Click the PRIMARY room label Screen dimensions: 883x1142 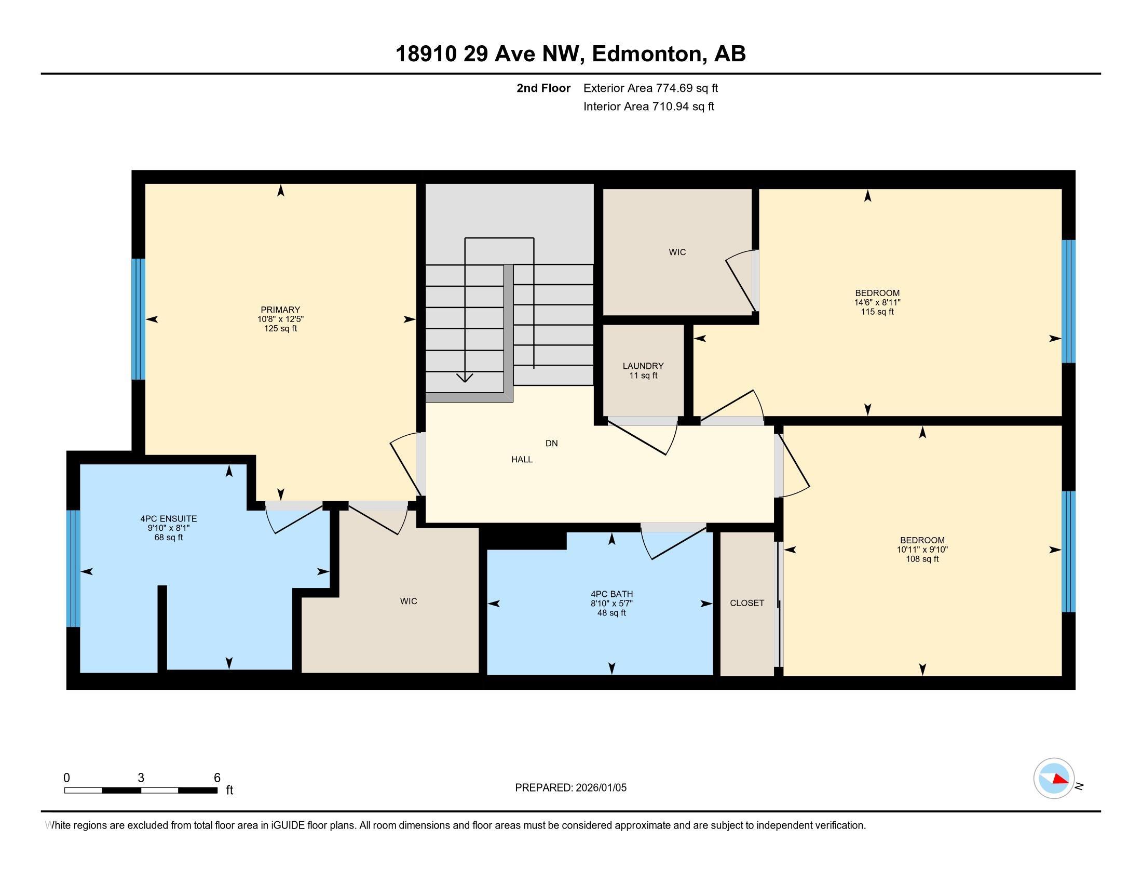point(280,310)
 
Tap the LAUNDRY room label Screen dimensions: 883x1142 point(643,366)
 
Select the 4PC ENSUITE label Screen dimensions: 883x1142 point(168,519)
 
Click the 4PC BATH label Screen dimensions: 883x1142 point(611,594)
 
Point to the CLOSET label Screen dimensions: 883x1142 point(746,603)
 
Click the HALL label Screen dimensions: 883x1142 point(521,459)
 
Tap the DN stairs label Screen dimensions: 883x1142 point(551,443)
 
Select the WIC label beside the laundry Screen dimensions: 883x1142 point(676,252)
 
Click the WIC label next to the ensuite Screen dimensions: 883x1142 point(409,601)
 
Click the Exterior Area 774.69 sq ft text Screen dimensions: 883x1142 point(650,88)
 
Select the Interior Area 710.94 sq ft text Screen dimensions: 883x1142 point(648,106)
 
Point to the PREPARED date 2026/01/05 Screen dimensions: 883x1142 point(570,787)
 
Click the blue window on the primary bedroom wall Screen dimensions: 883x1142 point(138,318)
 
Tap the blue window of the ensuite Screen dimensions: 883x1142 point(73,568)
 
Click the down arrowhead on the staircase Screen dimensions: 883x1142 point(465,377)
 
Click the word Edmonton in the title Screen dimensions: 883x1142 point(647,54)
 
